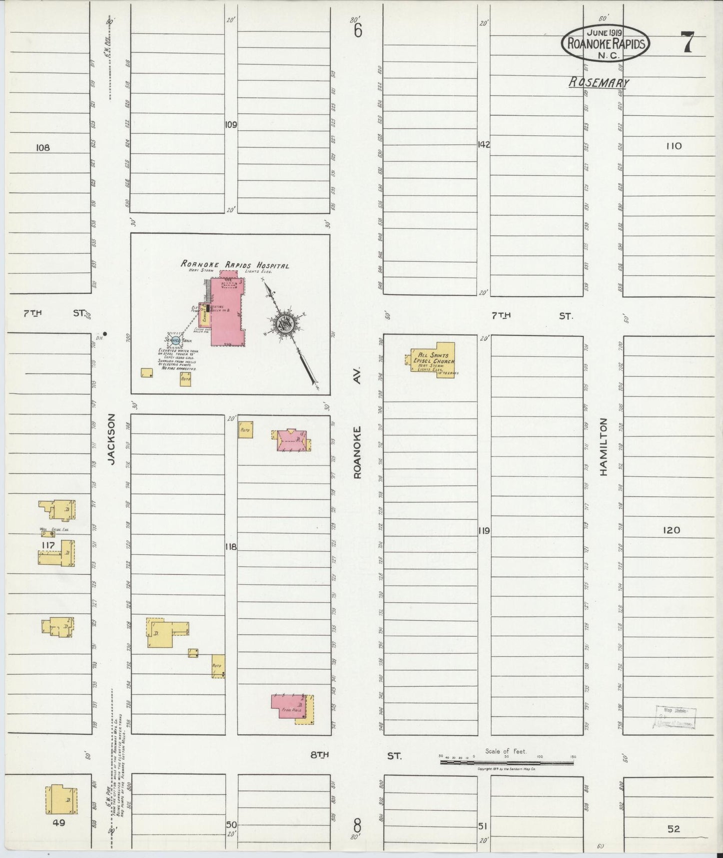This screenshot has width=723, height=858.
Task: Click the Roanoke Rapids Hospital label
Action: click(x=235, y=265)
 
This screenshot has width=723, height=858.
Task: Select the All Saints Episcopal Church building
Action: click(x=433, y=360)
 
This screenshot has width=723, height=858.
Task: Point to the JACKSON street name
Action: click(x=112, y=439)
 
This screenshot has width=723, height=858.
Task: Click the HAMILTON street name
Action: click(x=603, y=447)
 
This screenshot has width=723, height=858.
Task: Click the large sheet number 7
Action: click(x=687, y=42)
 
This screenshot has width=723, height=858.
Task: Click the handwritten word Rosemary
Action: click(x=599, y=83)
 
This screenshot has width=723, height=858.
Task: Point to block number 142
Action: click(x=483, y=145)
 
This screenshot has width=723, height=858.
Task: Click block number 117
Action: click(x=48, y=545)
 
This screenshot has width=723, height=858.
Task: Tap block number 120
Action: click(x=672, y=530)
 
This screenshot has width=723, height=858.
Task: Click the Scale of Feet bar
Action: click(x=507, y=762)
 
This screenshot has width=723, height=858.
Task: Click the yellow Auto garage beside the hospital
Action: click(x=186, y=378)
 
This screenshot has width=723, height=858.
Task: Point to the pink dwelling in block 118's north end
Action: click(x=292, y=440)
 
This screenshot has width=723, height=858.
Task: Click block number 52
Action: click(x=673, y=828)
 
